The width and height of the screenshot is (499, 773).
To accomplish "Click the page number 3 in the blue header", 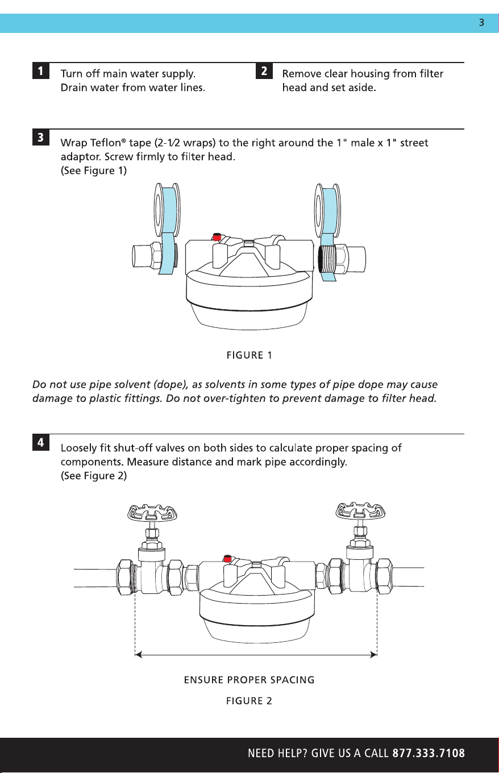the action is [481, 23].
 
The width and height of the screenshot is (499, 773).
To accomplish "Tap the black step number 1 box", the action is [41, 70].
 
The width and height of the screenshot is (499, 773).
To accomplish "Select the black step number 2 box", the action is [264, 70].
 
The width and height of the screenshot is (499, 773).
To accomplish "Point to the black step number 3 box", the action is [41, 137].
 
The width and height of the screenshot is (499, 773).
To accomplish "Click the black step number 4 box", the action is [41, 442].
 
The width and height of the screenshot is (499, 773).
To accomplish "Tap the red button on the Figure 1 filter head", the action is [217, 236].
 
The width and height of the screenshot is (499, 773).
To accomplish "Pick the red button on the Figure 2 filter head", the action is [227, 558].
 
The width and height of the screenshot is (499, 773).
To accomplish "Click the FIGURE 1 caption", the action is [249, 355].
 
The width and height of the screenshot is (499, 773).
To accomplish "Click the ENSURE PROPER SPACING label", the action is [249, 680].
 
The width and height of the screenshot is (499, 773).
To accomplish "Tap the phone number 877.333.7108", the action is [429, 753].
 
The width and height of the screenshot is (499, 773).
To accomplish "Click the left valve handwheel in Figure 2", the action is [152, 513].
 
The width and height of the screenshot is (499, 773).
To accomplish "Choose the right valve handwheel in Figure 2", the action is [360, 511].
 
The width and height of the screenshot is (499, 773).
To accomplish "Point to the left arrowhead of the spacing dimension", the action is [139, 655].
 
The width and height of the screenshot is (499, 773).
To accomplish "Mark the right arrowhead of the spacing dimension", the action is [373, 655].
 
